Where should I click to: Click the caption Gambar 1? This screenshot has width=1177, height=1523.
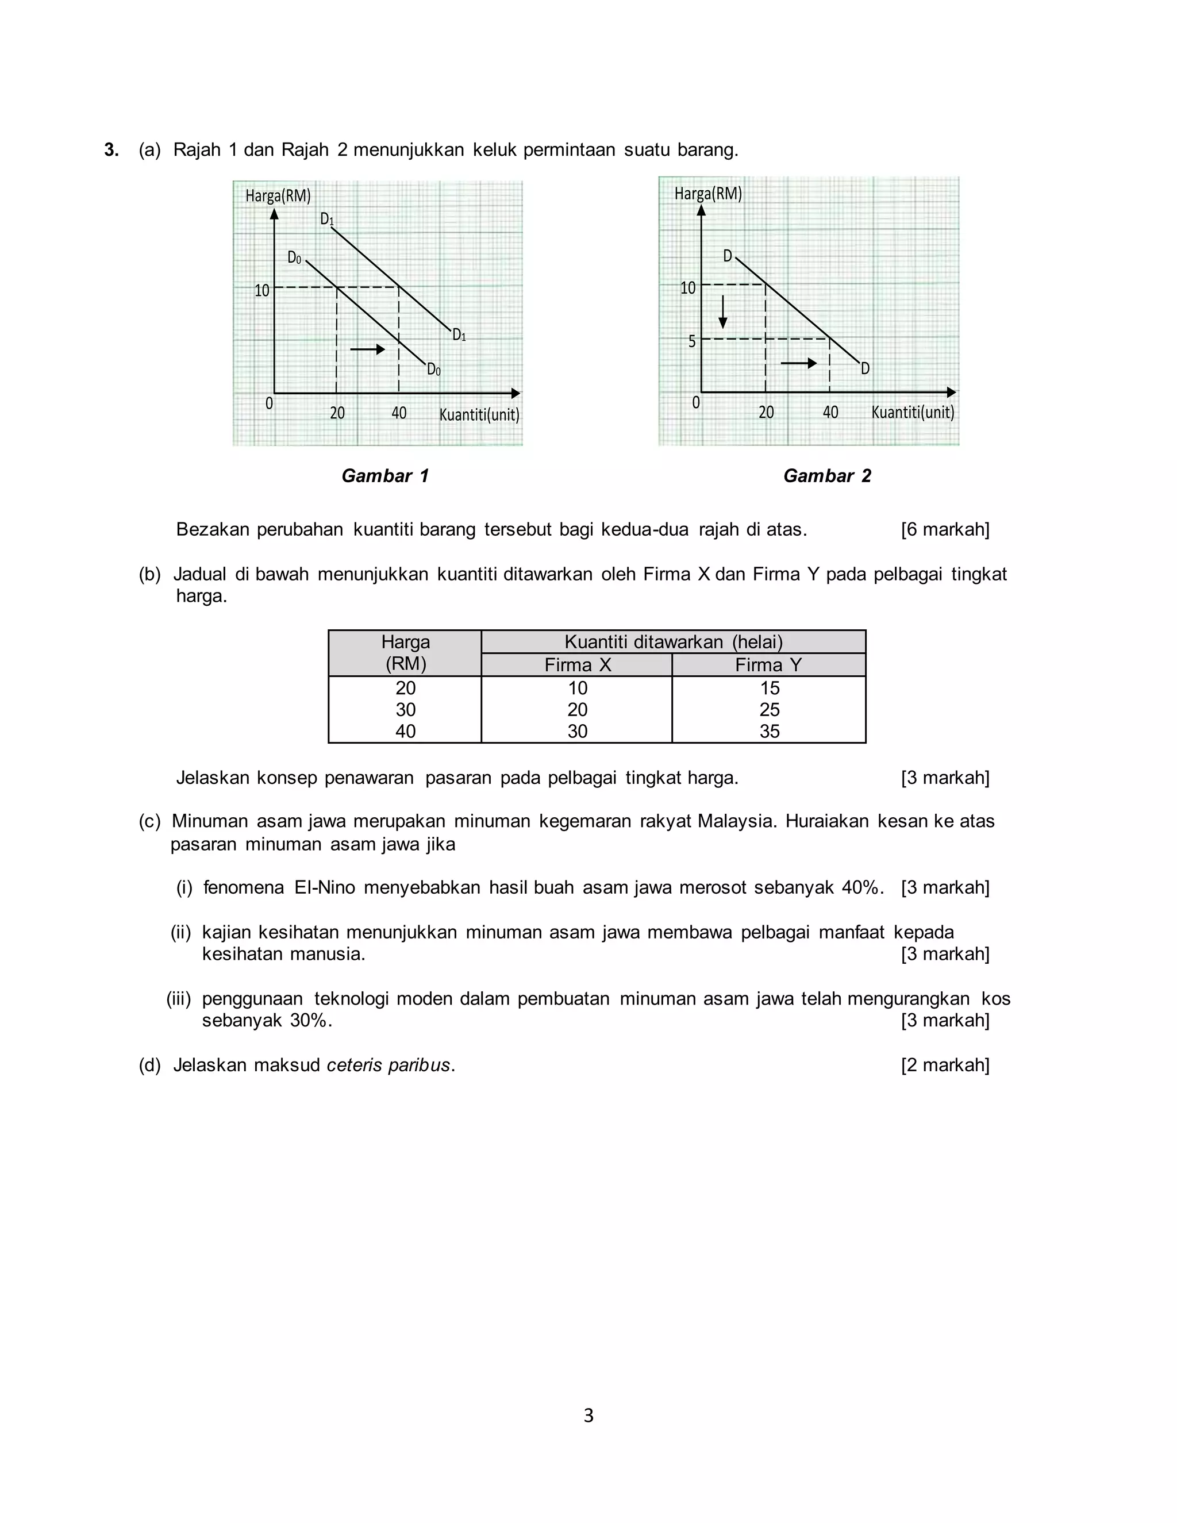tap(385, 476)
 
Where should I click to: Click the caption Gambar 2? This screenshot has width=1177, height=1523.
tap(827, 476)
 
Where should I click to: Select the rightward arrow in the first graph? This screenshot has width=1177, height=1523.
tap(367, 349)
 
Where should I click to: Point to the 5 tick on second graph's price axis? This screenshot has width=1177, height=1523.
tap(692, 341)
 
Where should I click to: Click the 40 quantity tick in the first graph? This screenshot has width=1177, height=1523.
tap(399, 413)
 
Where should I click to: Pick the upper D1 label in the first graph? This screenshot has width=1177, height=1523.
tap(327, 219)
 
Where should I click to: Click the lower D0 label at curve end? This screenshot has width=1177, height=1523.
tap(434, 369)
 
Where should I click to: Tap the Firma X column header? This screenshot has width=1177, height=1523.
tap(578, 664)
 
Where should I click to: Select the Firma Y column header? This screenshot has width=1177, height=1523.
tap(768, 664)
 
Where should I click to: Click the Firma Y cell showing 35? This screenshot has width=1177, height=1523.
tap(769, 731)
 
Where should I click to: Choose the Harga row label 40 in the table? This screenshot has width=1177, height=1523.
tap(405, 731)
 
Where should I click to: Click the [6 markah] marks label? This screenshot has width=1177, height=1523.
tap(945, 529)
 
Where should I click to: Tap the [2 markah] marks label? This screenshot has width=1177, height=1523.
tap(945, 1065)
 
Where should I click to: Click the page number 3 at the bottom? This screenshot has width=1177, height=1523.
tap(588, 1415)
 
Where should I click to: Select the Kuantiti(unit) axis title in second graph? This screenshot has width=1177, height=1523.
tap(913, 412)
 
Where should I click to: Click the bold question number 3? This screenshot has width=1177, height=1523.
tap(111, 149)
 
